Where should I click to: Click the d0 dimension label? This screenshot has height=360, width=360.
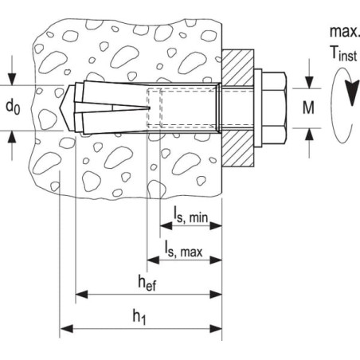coord(13,108)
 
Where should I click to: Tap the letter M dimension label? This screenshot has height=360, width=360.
coord(308,108)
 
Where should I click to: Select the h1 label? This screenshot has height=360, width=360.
coord(139,317)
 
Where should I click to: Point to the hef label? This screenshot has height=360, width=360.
coord(147,283)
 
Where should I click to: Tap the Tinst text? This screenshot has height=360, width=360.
coord(343,54)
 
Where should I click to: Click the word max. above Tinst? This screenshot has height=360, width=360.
coord(344,32)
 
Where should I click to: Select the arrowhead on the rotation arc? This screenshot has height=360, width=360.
coord(351,93)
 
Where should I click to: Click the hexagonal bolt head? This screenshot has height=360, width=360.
coord(274,108)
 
